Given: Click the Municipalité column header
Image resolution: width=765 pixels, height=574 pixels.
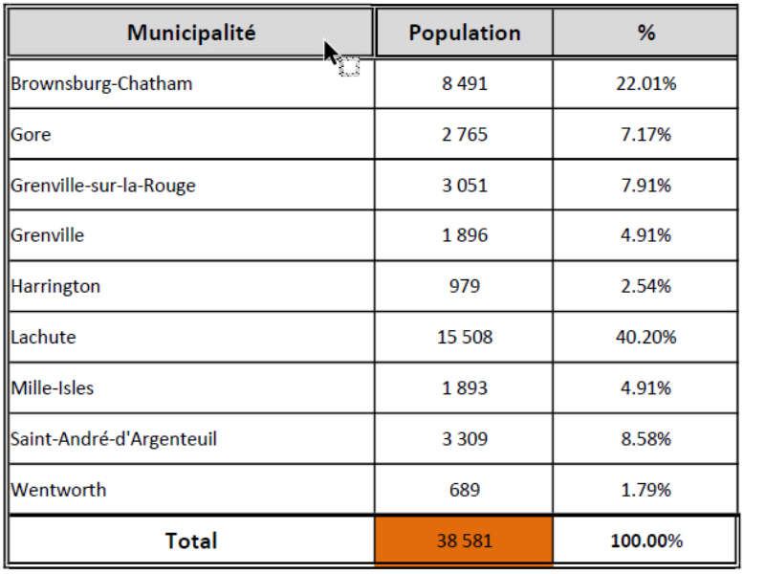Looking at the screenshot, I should (x=191, y=33).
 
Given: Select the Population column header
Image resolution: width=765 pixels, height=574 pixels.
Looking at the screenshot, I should (x=465, y=33).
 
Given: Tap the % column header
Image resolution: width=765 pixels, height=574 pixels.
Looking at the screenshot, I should (x=646, y=33).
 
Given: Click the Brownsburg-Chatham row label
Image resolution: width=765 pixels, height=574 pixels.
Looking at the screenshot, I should (x=101, y=83).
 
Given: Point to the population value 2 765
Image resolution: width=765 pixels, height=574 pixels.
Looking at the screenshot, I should (x=465, y=134).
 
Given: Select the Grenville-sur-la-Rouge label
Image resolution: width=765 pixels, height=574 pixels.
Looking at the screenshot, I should (x=103, y=185).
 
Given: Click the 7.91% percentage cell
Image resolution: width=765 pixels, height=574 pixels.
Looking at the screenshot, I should (x=646, y=185).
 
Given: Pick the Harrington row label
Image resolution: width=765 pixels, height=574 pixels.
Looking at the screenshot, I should (x=55, y=286).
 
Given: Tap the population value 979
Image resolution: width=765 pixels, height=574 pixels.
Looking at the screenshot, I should (x=465, y=286).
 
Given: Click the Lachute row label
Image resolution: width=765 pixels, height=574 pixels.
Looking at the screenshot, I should (x=43, y=337).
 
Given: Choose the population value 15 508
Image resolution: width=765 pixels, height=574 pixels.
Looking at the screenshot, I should (x=465, y=337).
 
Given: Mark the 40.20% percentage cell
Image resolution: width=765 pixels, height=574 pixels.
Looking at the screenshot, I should (x=646, y=337).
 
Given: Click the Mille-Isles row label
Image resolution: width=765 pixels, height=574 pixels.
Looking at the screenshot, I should (x=53, y=387).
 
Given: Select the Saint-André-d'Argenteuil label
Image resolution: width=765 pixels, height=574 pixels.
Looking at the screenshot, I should (x=114, y=439).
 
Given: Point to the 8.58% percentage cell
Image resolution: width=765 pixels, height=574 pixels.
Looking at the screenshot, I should (x=646, y=439).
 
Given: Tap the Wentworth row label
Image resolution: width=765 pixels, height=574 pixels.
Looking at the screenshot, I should (x=58, y=490).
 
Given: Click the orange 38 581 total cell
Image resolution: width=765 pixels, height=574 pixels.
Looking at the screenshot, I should (x=465, y=541).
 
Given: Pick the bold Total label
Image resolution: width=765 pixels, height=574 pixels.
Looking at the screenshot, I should (x=191, y=541).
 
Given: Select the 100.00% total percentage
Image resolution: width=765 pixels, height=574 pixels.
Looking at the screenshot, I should (x=646, y=541).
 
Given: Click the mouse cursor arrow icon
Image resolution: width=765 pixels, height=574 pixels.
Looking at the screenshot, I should (x=331, y=54).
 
